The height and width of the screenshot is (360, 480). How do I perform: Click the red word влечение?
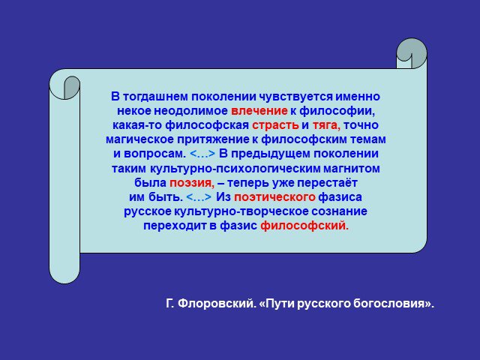pos(259,111)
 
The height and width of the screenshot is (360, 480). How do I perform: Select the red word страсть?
pos(275,125)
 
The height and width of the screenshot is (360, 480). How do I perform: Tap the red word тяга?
pos(326,125)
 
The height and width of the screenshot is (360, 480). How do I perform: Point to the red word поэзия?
pos(192,183)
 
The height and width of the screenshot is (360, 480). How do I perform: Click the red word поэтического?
pos(274,197)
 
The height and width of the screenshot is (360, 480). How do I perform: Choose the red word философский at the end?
pos(304,226)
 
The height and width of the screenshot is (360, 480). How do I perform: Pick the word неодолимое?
pos(190,111)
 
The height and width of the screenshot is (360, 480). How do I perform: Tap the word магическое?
pos(139,139)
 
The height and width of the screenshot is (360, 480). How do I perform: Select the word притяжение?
pos(213,140)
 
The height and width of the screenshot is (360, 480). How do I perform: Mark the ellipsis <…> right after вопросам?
pos(202,154)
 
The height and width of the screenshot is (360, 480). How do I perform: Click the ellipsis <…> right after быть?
pos(199,197)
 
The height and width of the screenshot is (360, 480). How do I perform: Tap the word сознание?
pos(339,211)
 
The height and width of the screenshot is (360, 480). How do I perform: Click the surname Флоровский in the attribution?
pos(216,304)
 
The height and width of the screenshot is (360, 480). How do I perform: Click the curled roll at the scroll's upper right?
pos(412,53)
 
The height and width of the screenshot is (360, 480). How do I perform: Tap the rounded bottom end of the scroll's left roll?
pos(64,274)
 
